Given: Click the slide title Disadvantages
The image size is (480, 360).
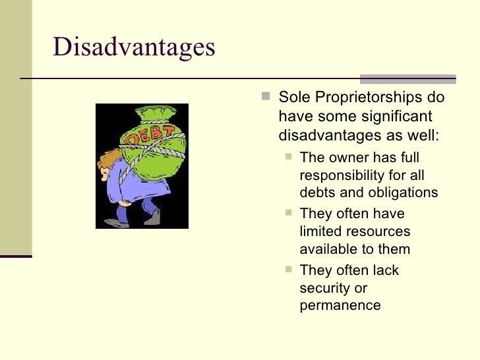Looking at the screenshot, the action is tap(134, 47).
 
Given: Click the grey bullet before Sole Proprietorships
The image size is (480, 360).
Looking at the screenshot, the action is tap(266, 96).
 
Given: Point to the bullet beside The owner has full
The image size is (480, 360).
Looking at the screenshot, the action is tap(289, 157).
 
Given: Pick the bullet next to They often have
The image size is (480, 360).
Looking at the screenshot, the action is tap(289, 212).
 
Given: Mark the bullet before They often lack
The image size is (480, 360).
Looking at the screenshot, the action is tap(289, 270).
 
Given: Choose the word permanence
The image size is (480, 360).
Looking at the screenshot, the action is tap(340, 305).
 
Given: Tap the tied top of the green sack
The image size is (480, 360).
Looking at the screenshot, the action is tap(156, 113).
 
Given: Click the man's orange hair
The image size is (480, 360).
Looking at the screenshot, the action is tap(109, 159).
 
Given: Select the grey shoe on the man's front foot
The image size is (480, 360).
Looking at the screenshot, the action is tap(116, 223).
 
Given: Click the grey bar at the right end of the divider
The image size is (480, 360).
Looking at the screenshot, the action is tap(407, 79).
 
